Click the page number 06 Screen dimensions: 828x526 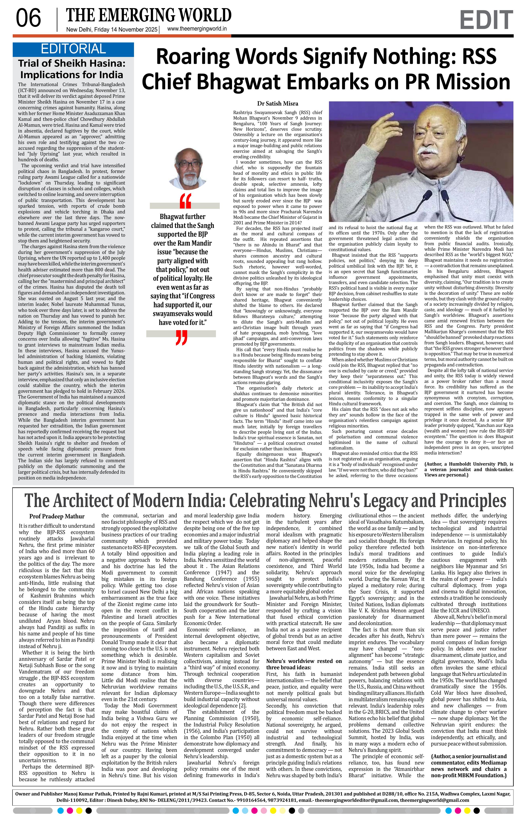pyautogui.click(x=29, y=19)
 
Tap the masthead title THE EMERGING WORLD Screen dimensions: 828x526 pyautogui.click(x=149, y=15)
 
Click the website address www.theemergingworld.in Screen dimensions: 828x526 pyautogui.click(x=197, y=29)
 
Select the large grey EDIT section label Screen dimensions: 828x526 pyautogui.click(x=486, y=20)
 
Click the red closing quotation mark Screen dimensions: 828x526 pyautogui.click(x=181, y=338)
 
